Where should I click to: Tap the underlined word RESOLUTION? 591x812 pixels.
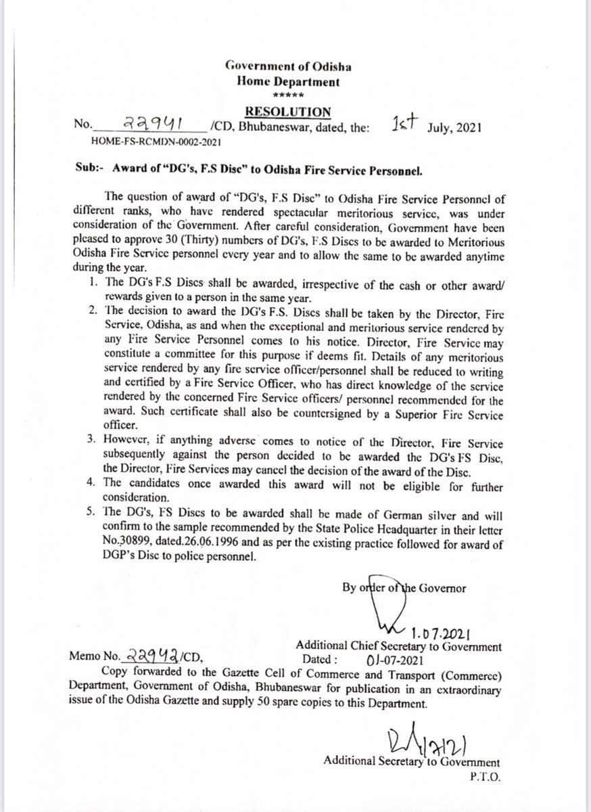tap(288, 111)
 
